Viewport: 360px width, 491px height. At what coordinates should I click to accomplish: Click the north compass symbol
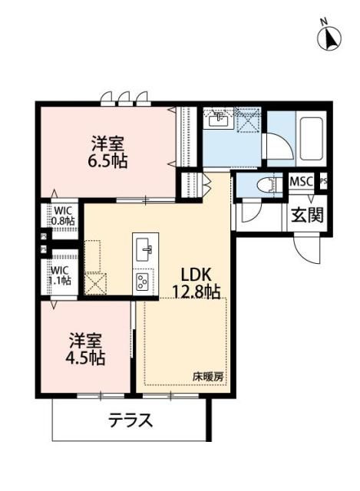pos(329,35)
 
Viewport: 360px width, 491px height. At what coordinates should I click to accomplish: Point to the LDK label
pos(196,275)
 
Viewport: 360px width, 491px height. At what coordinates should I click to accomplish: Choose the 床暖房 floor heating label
pos(208,377)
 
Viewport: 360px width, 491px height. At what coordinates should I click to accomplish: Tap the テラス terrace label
pos(130,420)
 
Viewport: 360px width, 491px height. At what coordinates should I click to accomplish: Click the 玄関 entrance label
pos(306,214)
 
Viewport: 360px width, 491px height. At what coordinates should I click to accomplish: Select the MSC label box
pos(301,182)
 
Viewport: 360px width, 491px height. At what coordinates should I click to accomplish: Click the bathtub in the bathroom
pos(312,137)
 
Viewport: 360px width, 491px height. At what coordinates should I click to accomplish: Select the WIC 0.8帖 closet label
pos(63,215)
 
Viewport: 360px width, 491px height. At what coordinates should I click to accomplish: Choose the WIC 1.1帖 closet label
pos(61,275)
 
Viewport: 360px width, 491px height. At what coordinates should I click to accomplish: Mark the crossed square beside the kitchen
pos(97,284)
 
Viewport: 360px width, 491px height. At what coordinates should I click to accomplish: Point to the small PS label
pos(323,182)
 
